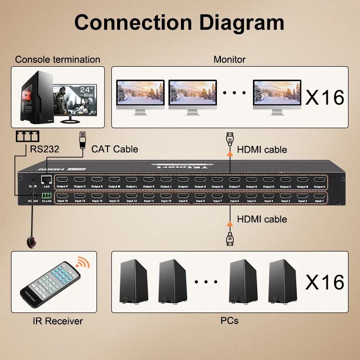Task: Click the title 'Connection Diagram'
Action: [x=180, y=22]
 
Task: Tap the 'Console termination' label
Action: [x=58, y=60]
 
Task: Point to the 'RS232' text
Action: [x=45, y=149]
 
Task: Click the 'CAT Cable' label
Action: [x=115, y=149]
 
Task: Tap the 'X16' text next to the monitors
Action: [x=325, y=97]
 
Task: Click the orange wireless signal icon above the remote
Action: [x=83, y=263]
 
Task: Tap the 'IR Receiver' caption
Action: [x=58, y=321]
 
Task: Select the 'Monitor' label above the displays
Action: [x=229, y=60]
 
